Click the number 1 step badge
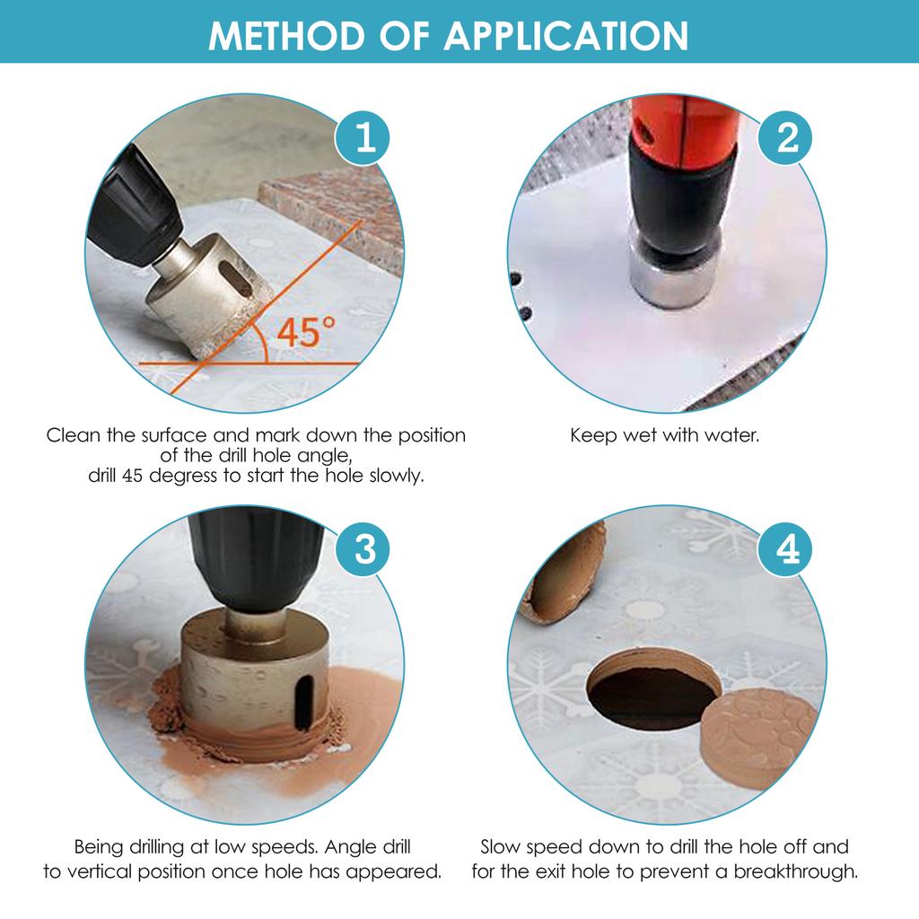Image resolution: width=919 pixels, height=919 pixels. [363, 139]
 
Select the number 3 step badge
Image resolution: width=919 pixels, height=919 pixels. [363, 550]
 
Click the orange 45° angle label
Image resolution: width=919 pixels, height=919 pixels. [305, 332]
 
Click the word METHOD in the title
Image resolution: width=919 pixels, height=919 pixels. [286, 36]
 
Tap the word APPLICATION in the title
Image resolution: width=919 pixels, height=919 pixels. [565, 36]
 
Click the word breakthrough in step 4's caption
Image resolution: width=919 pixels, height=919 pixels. [795, 871]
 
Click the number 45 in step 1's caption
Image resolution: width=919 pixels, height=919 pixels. [133, 476]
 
